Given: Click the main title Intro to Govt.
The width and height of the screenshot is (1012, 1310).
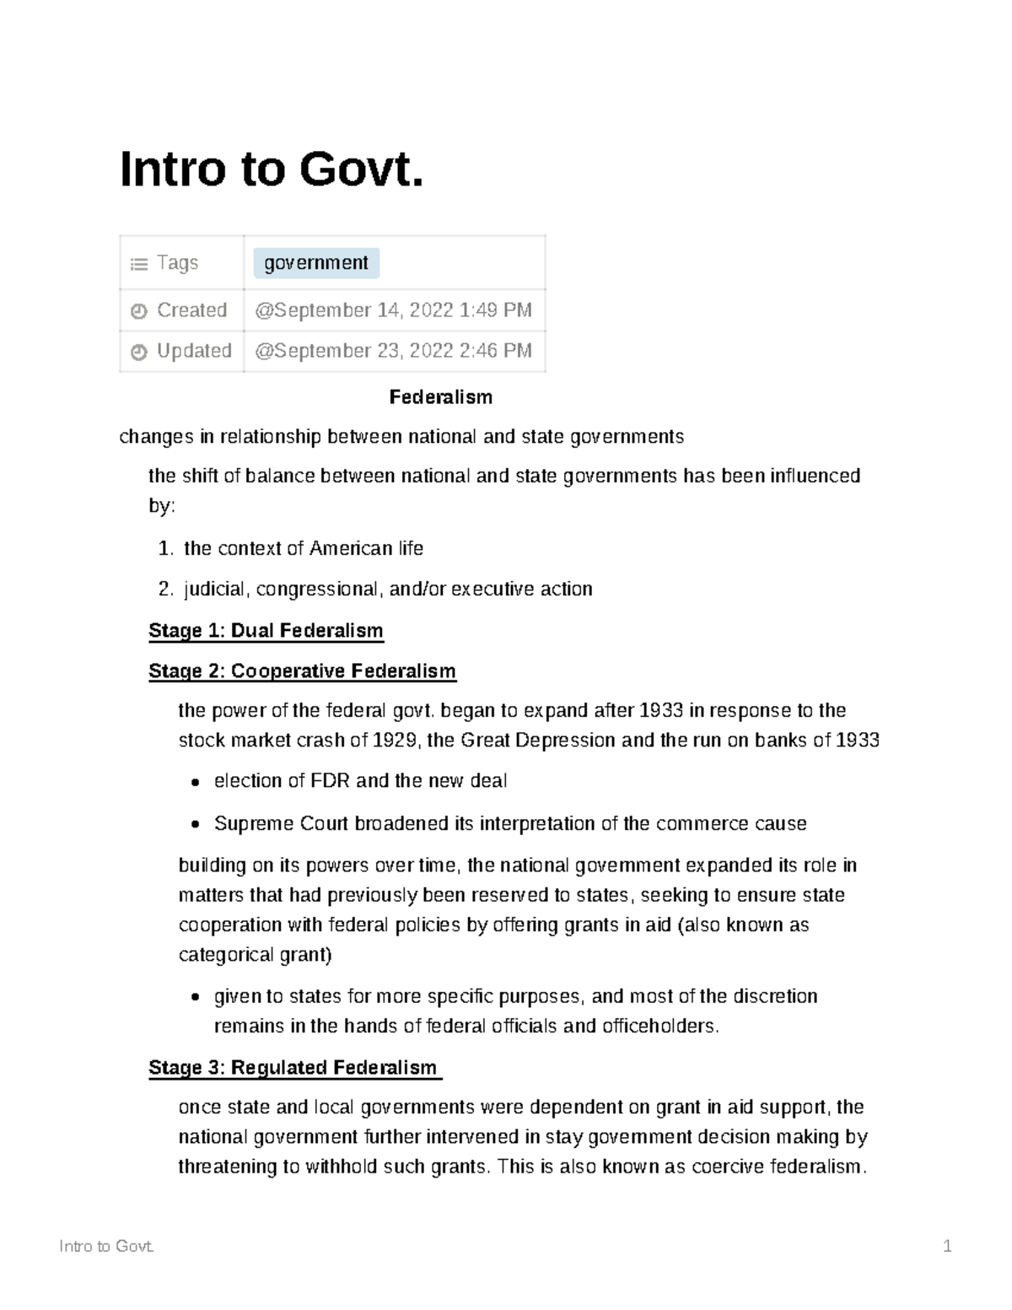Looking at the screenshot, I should [272, 170].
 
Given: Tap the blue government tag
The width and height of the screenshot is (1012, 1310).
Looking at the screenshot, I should [316, 263].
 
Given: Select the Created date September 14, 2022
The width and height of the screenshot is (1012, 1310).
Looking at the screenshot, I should [393, 310].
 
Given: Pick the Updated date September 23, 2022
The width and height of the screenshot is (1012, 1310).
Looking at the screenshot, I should [393, 351].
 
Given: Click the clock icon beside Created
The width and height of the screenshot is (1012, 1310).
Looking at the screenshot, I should [139, 311].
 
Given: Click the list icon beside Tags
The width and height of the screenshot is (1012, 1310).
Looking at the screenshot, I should [139, 264].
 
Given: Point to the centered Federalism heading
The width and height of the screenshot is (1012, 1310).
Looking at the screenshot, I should [440, 397].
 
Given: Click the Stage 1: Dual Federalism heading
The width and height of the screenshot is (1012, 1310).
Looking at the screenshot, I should [266, 631].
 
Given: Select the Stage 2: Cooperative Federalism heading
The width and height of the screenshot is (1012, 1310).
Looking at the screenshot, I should [302, 671].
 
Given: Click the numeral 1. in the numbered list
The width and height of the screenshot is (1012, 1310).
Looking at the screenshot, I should [165, 549].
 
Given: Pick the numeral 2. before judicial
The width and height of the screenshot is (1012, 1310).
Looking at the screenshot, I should [165, 590].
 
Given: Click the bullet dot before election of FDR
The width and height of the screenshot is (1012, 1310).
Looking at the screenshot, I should [196, 782].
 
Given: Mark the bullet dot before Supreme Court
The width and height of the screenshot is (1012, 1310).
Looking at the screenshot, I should [196, 825].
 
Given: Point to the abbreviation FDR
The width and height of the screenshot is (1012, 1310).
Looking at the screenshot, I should [330, 781].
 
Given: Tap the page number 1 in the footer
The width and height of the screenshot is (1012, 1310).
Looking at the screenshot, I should [947, 1247].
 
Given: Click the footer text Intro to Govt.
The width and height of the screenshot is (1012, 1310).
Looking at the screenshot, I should [106, 1247].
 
